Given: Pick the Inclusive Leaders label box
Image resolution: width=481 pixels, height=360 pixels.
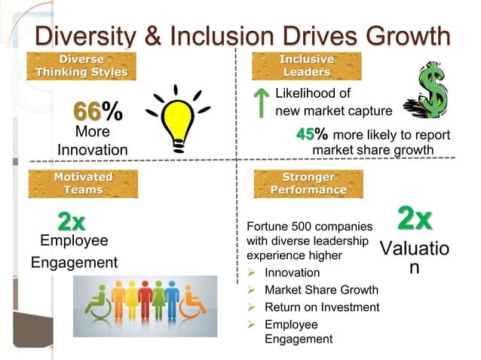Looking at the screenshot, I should coord(307,65).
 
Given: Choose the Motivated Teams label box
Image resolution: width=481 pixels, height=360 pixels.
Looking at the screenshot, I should coord(83,183).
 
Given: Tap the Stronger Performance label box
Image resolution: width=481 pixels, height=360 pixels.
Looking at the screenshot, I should coord(308,183).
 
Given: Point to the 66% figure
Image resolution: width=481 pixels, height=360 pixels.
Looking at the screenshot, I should coord(97,111).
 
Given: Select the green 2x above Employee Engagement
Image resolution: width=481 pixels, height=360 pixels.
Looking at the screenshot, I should coord(72,221).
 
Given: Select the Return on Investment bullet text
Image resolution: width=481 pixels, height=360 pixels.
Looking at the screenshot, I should coord(322,307).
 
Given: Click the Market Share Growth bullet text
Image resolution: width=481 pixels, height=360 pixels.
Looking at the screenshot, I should coord(321,290).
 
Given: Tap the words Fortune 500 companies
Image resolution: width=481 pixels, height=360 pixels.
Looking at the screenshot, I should coord(310,226).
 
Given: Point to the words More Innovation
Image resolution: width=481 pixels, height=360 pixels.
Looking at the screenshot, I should coord(92,141).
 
